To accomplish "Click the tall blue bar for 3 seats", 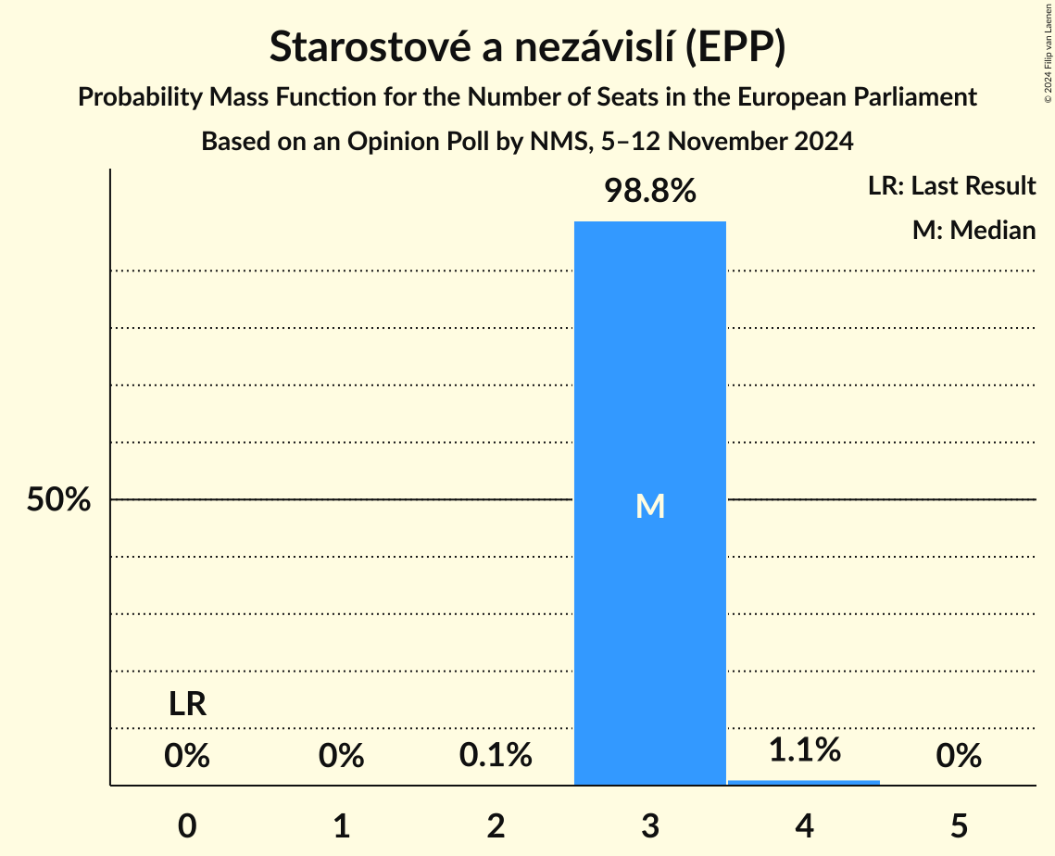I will [x=649, y=371].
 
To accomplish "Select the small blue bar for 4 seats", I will [x=803, y=783].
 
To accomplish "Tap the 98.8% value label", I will [x=649, y=192].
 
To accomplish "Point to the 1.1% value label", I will [x=804, y=749].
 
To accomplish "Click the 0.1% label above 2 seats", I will [x=496, y=756].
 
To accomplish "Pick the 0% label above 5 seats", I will [x=958, y=756].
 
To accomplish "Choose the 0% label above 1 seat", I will [x=341, y=756].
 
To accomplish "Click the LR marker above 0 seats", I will [x=187, y=705].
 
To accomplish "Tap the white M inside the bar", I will [x=650, y=506].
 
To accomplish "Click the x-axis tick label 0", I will [x=187, y=825].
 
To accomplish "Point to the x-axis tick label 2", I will [x=496, y=825].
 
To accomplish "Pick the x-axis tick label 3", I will [x=649, y=825].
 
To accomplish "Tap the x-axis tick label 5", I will [x=958, y=825].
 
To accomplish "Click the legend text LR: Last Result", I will [x=951, y=186].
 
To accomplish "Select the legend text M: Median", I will [x=973, y=230].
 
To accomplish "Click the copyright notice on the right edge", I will [x=1048, y=52].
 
